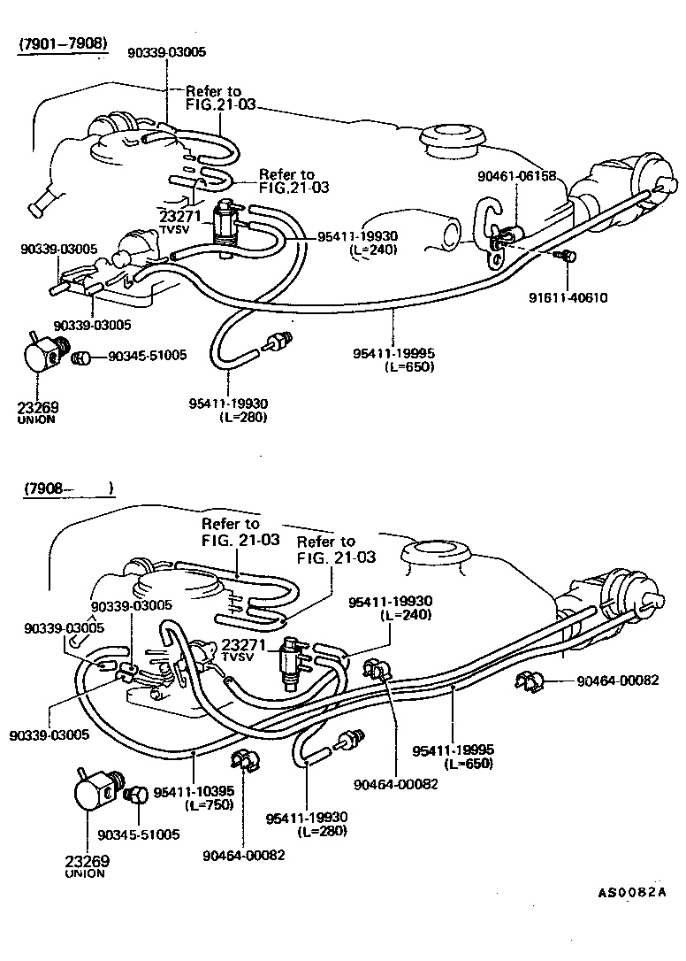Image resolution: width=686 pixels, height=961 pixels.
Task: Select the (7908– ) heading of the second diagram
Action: tap(67, 488)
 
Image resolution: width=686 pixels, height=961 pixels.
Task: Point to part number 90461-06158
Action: tap(517, 176)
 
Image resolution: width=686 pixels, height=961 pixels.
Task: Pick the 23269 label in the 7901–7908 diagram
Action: tap(37, 407)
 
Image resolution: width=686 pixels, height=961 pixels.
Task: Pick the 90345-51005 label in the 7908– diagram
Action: tap(139, 834)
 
